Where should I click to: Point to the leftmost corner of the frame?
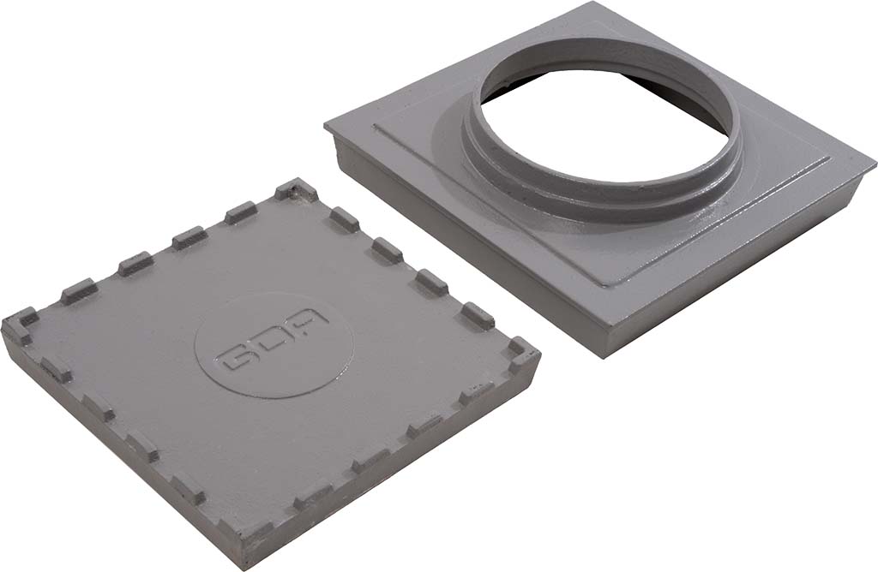coord(326,127)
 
